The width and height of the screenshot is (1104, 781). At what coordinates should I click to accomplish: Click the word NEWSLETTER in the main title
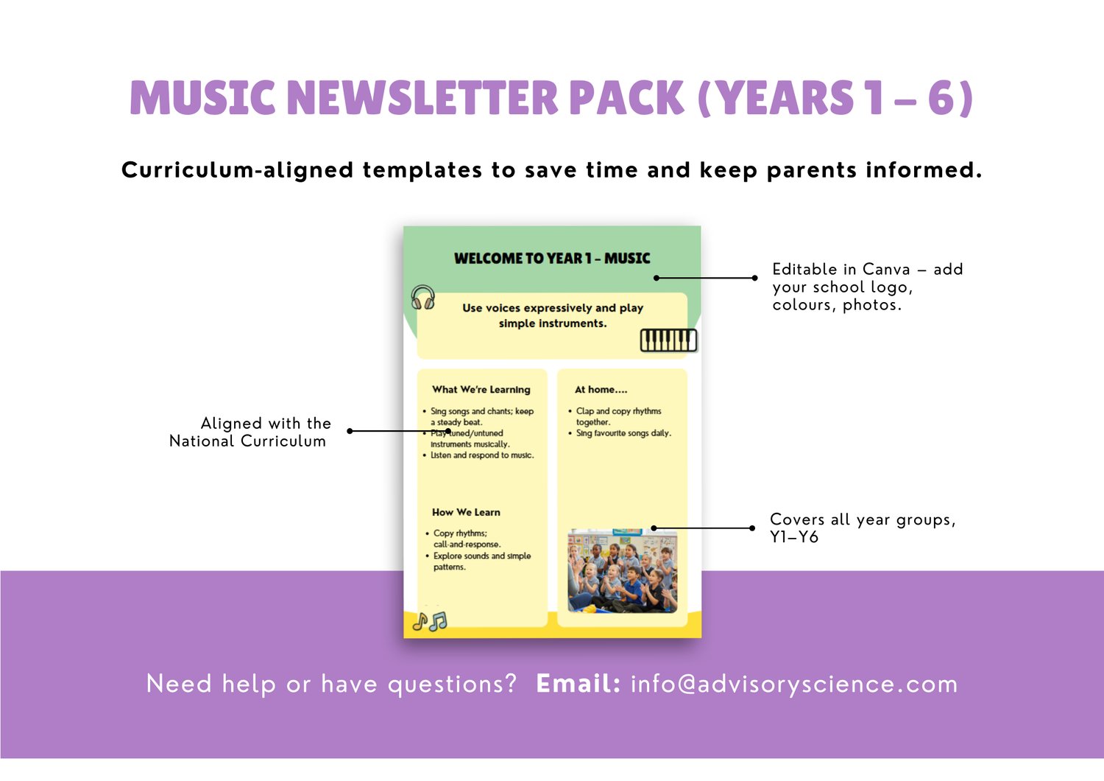click(422, 98)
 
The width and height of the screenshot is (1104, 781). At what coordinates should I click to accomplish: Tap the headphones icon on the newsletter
click(423, 298)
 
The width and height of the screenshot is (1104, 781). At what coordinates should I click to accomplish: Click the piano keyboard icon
click(668, 340)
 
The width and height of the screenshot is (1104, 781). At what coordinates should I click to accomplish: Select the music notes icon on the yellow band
click(430, 622)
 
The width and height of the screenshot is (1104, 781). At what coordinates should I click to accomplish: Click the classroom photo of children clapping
click(623, 570)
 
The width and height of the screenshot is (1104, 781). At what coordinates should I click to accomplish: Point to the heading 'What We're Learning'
click(481, 389)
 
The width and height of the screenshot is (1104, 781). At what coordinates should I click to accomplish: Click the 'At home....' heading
click(601, 389)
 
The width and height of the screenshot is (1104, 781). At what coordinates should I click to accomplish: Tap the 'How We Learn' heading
click(466, 512)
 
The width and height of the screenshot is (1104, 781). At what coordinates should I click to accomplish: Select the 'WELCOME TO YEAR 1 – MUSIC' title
click(552, 258)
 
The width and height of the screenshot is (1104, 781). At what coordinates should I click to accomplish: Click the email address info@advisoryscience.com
click(794, 684)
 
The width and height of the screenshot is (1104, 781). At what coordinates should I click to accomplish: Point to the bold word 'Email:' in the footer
click(578, 684)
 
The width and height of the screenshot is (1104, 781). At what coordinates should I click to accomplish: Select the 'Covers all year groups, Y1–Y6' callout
click(863, 528)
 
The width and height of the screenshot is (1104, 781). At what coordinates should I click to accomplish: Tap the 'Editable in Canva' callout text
click(868, 287)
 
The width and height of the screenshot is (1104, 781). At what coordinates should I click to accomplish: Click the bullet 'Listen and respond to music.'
click(482, 455)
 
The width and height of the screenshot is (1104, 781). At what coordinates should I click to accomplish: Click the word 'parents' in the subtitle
click(811, 171)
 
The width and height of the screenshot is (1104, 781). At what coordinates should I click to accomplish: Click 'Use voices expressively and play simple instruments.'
click(553, 316)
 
